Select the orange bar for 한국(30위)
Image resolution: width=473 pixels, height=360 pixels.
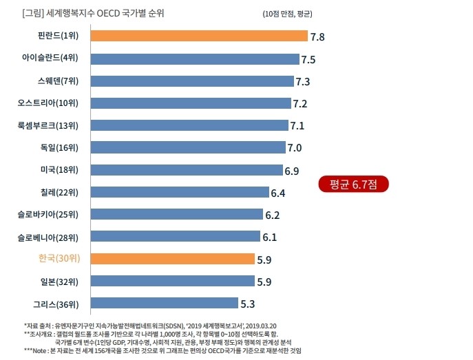click(x=172, y=260)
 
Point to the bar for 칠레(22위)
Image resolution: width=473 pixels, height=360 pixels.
click(x=180, y=192)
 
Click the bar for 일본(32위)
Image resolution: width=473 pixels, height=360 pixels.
click(x=172, y=281)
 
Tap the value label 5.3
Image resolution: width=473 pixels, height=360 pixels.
click(x=248, y=304)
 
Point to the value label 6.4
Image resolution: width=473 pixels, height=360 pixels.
click(x=278, y=193)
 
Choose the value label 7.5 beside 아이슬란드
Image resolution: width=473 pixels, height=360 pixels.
click(x=308, y=60)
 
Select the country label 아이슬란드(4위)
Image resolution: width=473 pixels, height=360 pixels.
click(x=50, y=59)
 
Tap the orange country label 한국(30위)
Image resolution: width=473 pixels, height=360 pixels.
click(x=59, y=260)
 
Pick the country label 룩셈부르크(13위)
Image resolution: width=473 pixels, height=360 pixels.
click(x=48, y=125)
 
